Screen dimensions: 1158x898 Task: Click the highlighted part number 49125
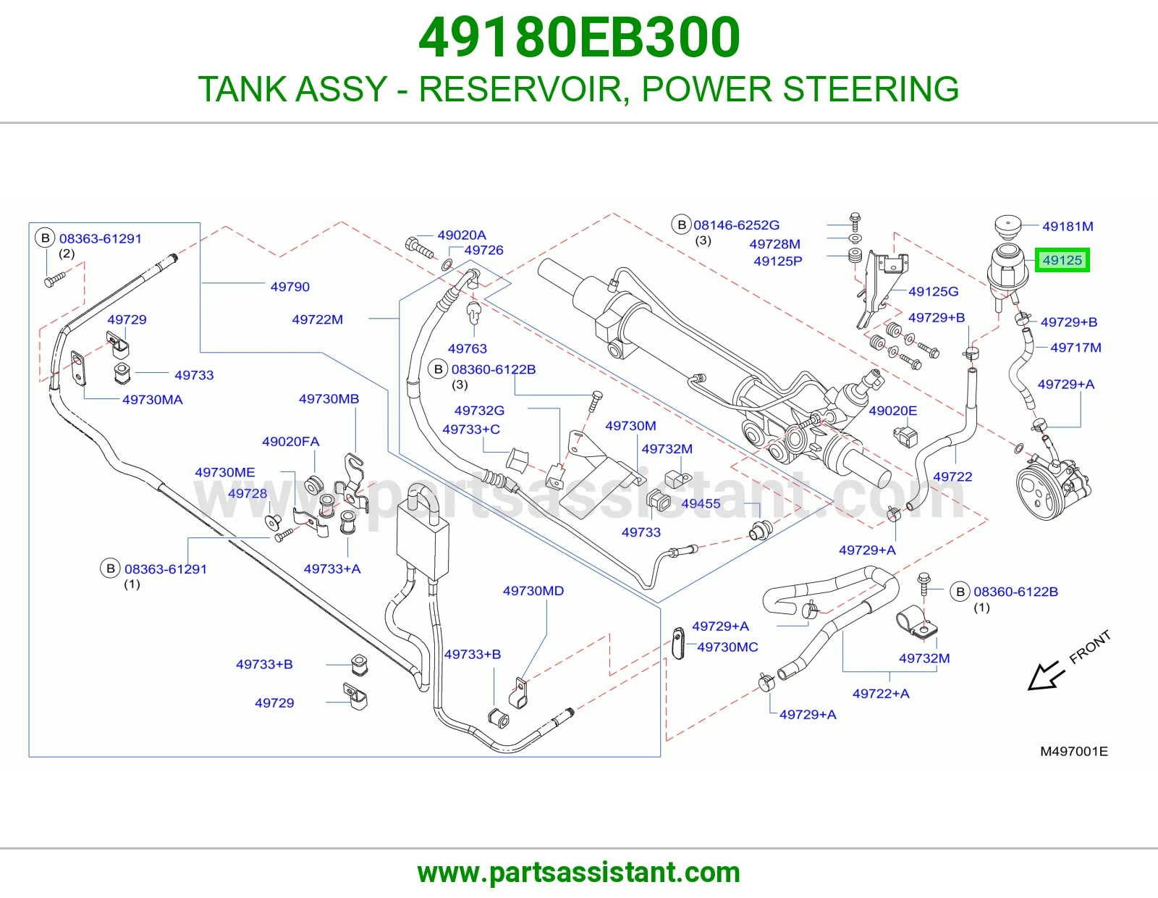point(1062,260)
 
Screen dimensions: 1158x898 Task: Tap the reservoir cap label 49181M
point(1068,226)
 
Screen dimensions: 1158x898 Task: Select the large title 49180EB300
point(579,38)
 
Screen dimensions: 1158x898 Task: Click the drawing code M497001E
point(1074,752)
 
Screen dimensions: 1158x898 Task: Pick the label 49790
point(290,287)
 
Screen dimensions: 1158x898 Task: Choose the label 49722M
point(317,319)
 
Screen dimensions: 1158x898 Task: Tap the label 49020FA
point(290,442)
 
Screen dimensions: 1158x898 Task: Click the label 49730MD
point(533,591)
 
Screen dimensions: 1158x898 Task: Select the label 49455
point(701,503)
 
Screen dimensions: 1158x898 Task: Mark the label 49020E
point(892,411)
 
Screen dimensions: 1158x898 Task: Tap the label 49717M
point(1075,348)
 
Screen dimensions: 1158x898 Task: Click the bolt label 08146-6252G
point(736,225)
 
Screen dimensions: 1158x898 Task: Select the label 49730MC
point(727,647)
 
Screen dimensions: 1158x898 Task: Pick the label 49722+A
point(881,693)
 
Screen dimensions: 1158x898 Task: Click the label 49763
point(468,349)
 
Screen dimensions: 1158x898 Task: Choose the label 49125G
point(933,292)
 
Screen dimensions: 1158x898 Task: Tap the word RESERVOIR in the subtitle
point(520,89)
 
